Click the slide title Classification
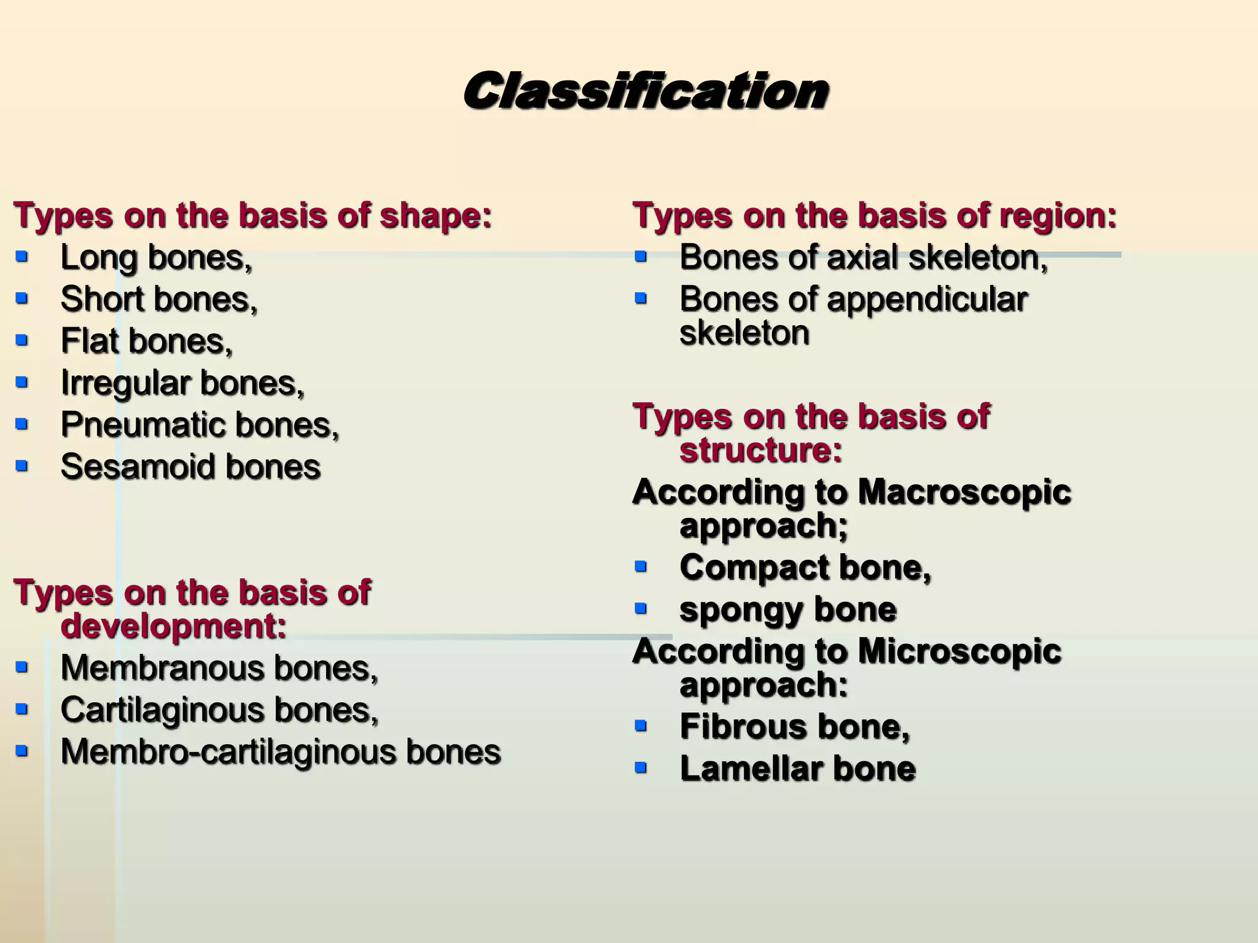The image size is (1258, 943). tap(645, 91)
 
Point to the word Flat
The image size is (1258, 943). tap(90, 341)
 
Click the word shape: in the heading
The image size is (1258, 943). tap(436, 217)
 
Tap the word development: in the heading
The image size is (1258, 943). tap(173, 627)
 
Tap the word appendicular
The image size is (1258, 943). tap(927, 301)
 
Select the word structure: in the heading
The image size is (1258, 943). tap(760, 451)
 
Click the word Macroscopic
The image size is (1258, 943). tap(964, 492)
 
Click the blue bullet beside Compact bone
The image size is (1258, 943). tap(641, 566)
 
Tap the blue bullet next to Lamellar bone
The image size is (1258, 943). tap(641, 767)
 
